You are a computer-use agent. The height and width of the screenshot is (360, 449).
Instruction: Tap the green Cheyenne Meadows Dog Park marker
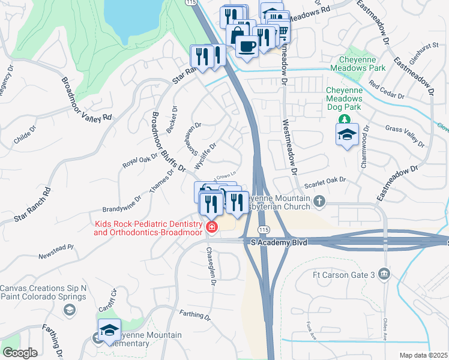344,118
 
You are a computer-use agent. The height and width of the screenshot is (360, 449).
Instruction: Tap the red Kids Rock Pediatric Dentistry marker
211,227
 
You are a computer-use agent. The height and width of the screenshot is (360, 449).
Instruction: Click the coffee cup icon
247,45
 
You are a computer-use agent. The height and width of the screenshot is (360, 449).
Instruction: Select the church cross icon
319,202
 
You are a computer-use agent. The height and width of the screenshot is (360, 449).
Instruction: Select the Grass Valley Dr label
404,136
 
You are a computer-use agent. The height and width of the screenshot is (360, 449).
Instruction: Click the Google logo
20,352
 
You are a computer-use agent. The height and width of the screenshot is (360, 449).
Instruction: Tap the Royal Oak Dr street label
139,160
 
